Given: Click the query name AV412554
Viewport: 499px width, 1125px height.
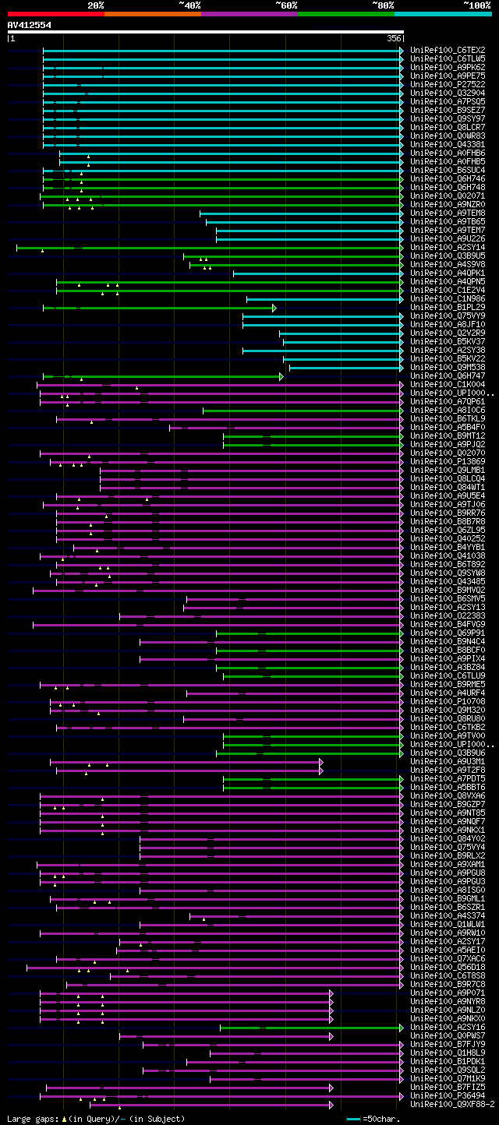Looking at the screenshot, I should pyautogui.click(x=30, y=25).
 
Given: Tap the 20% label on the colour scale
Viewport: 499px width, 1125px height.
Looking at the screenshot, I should pyautogui.click(x=96, y=5).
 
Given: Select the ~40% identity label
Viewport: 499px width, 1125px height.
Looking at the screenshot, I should pyautogui.click(x=189, y=5).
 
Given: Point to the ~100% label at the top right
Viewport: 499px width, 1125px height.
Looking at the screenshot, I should pyautogui.click(x=476, y=5).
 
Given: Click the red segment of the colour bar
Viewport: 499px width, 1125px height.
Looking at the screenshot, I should pyautogui.click(x=55, y=13).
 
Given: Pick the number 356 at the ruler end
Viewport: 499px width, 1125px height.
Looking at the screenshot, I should pyautogui.click(x=395, y=37).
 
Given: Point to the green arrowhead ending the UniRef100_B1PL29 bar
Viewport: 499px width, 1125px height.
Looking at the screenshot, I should pyautogui.click(x=274, y=308).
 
